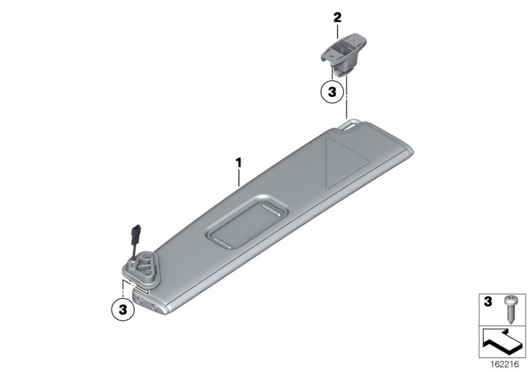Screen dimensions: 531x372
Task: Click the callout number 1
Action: point(239,163)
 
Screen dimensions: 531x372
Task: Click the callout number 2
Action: point(337,18)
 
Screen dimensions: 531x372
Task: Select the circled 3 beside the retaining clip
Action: point(333,92)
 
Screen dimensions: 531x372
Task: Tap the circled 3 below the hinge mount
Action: point(123,310)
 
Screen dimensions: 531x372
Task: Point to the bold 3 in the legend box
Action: point(488,302)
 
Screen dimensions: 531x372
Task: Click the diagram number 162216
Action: point(504,365)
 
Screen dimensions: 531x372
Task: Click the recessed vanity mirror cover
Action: point(247,222)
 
